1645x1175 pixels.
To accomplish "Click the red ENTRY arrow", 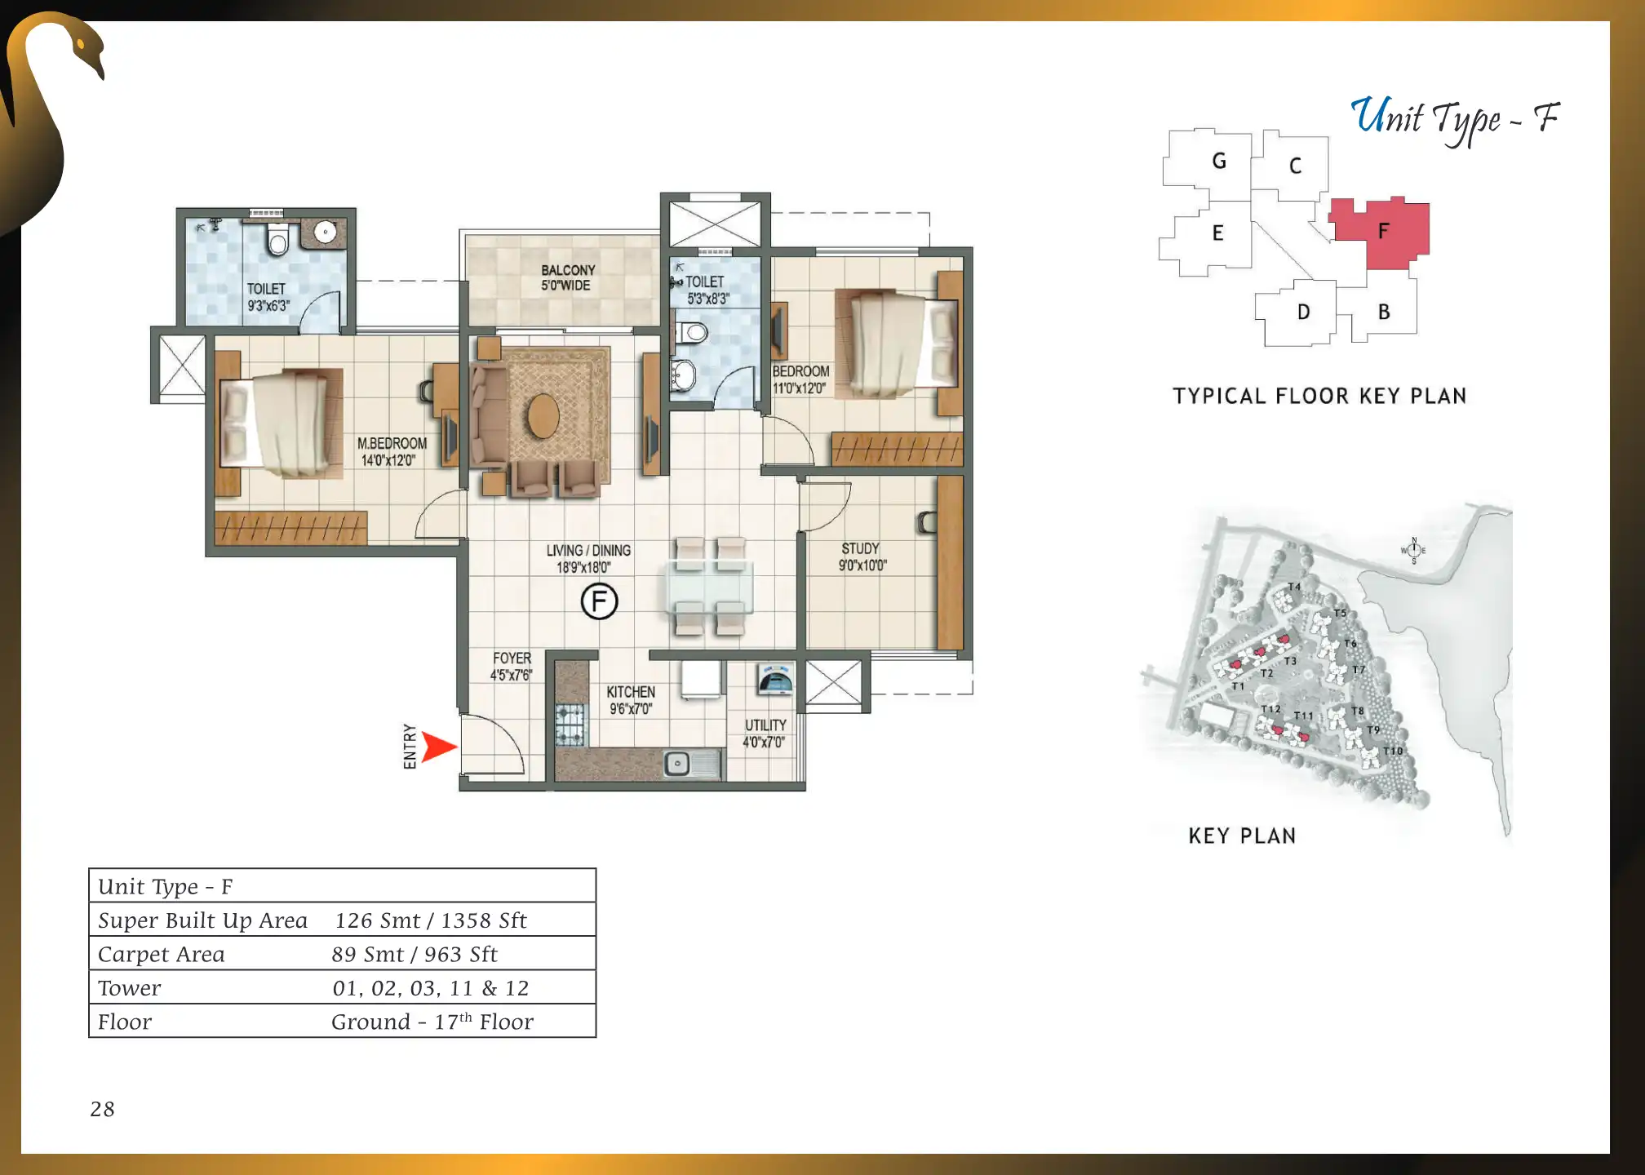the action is [x=438, y=747].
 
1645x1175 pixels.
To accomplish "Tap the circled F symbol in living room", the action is [x=599, y=602].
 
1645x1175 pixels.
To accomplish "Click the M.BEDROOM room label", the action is [x=392, y=451].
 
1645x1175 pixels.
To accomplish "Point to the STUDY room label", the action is [x=862, y=556].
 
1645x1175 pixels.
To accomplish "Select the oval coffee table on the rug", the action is [x=543, y=416].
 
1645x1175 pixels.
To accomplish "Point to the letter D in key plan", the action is [x=1304, y=313].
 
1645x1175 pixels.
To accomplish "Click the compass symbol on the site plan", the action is [x=1414, y=550].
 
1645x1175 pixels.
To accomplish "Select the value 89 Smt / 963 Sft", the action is [x=415, y=954].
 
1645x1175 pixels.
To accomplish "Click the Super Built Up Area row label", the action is [x=202, y=920].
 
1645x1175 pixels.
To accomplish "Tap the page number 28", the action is [x=103, y=1109].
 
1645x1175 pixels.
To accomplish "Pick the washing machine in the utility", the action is [x=775, y=679].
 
